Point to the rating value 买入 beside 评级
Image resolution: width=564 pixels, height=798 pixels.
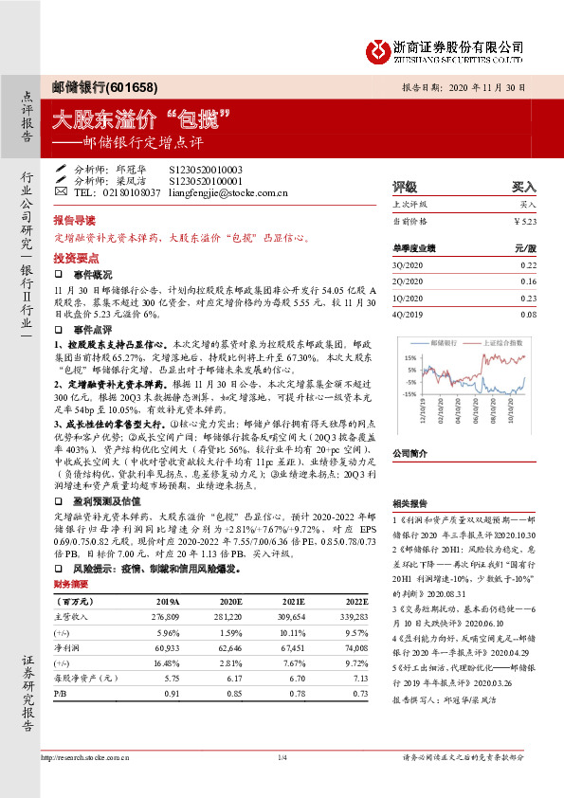[524, 187]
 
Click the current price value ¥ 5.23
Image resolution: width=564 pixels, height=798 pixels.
[524, 220]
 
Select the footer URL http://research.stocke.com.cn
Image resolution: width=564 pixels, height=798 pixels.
[86, 757]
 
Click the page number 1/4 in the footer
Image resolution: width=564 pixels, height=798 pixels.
[282, 757]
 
